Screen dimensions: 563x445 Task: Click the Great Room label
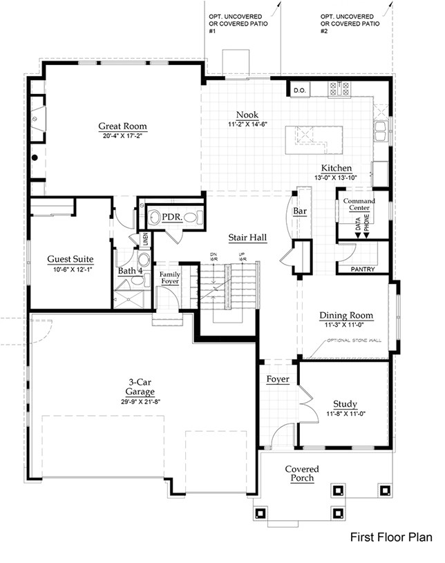point(122,126)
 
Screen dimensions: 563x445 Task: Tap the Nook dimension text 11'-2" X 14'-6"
point(247,124)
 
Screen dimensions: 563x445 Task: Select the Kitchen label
point(337,169)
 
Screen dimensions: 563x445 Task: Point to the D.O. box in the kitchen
point(299,90)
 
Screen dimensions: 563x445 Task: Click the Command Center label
point(359,204)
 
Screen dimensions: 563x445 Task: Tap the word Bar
point(300,211)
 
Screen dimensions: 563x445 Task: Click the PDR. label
point(171,217)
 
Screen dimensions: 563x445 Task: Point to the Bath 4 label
point(130,271)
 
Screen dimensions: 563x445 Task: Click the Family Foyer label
point(170,278)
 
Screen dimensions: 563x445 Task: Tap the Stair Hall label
point(248,238)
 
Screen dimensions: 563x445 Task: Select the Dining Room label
point(346,316)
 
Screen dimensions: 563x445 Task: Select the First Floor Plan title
point(391,536)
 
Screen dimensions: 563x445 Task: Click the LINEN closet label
point(145,240)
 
